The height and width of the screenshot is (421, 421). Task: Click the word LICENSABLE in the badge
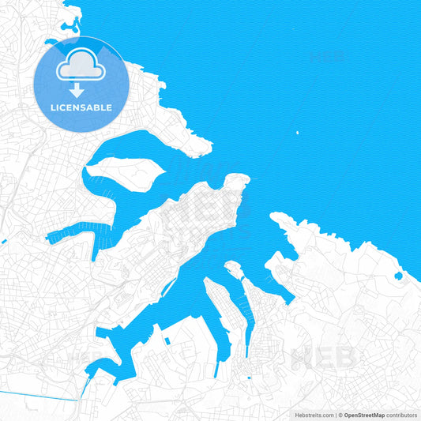(82, 107)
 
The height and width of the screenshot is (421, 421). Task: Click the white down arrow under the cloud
(77, 89)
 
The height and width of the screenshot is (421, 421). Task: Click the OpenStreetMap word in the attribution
(364, 414)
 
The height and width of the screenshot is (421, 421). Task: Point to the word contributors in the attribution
(402, 414)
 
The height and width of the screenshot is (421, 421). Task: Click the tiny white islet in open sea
(297, 133)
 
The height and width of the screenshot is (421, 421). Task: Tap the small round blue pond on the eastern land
(398, 276)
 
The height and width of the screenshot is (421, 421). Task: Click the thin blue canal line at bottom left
(39, 395)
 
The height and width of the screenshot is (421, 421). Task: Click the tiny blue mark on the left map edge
(3, 242)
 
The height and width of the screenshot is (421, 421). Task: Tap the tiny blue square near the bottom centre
(249, 378)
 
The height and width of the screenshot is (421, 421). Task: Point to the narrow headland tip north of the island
(205, 145)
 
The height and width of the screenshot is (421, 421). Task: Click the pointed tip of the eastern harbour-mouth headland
(274, 216)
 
